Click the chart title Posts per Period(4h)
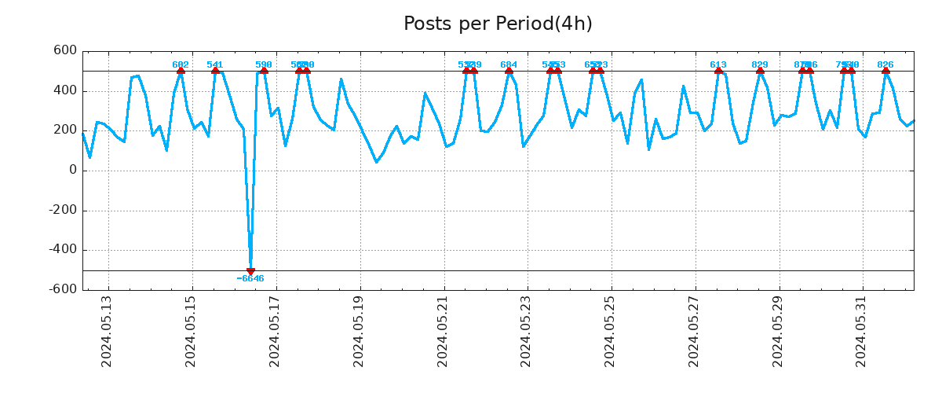pos(498,24)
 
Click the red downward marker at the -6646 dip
pos(250,271)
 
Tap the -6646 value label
pos(250,279)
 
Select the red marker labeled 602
pos(181,71)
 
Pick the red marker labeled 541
pos(215,71)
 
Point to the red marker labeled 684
pos(509,71)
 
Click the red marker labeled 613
pos(718,71)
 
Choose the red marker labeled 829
pos(760,71)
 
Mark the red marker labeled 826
pos(885,71)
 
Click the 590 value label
pos(264,64)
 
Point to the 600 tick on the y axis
pos(65,51)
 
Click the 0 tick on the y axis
pos(73,171)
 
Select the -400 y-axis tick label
pos(62,250)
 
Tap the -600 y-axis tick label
pos(62,289)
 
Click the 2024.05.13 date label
pos(107,331)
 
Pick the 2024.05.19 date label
pos(359,331)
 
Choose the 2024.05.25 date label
pos(610,331)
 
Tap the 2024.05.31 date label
pos(862,331)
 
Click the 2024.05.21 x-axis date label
pos(443,331)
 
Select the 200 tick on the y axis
pos(65,130)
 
